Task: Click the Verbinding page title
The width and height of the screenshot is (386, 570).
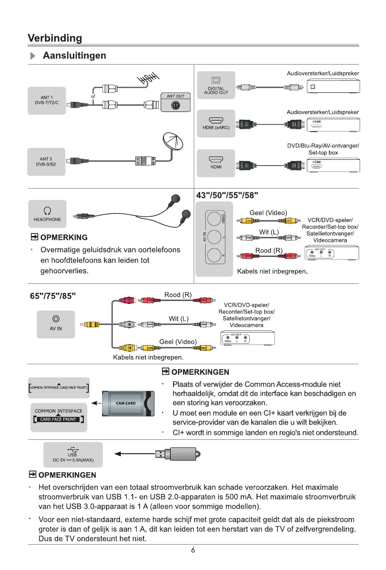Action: pyautogui.click(x=55, y=38)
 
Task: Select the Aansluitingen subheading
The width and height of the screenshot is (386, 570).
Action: pyautogui.click(x=74, y=56)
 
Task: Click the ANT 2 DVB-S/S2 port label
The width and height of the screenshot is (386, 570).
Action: pyautogui.click(x=47, y=161)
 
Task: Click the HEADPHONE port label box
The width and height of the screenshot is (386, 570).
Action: pyautogui.click(x=47, y=214)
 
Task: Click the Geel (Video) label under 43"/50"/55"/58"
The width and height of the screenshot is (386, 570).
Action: pyautogui.click(x=268, y=212)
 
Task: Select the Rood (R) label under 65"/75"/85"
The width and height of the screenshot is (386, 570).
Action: pyautogui.click(x=178, y=295)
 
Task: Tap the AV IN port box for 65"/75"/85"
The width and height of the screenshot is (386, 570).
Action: pyautogui.click(x=56, y=324)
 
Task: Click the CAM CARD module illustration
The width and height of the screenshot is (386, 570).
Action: pyautogui.click(x=127, y=403)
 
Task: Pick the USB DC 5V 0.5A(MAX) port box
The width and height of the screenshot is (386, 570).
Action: pyautogui.click(x=73, y=455)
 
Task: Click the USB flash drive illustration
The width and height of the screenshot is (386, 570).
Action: pyautogui.click(x=177, y=454)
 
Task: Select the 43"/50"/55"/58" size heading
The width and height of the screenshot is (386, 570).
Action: pyautogui.click(x=228, y=195)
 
